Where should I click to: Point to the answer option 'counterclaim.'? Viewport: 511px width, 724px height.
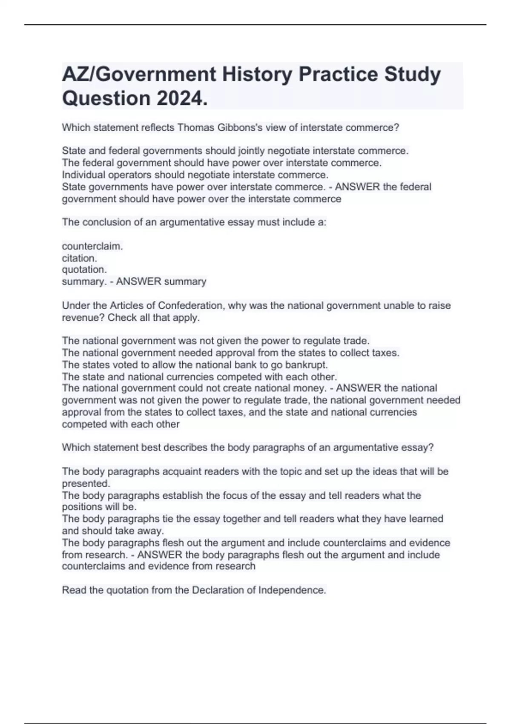pos(92,246)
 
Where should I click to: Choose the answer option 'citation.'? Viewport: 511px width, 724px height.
pos(80,258)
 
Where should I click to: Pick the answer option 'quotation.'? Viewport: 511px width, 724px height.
pos(84,270)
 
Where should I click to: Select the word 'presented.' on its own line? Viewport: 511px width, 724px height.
pos(86,483)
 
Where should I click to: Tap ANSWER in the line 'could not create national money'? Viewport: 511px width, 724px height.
pos(359,388)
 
